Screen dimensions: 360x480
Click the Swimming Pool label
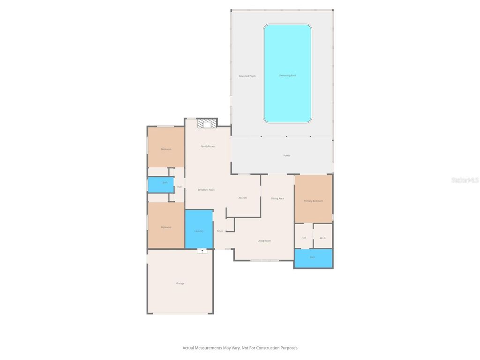coord(287,75)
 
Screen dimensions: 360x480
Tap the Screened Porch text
coord(247,76)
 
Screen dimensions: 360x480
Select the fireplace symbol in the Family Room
coord(207,124)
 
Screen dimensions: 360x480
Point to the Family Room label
coord(208,146)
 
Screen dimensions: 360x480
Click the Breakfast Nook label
coord(206,189)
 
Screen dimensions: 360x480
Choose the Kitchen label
coord(242,198)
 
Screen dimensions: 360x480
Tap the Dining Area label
coord(277,198)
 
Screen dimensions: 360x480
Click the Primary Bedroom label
coord(313,201)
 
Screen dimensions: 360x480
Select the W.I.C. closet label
coord(322,238)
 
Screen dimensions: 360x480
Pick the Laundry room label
coord(199,231)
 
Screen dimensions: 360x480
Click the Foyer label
coord(220,231)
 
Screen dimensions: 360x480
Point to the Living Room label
coord(264,241)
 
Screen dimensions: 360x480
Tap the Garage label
coord(180,283)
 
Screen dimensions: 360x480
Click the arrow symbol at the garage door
coord(202,251)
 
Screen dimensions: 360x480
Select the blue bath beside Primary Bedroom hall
coord(313,257)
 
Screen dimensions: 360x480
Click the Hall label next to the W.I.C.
coord(304,238)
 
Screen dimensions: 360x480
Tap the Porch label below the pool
coord(286,156)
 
